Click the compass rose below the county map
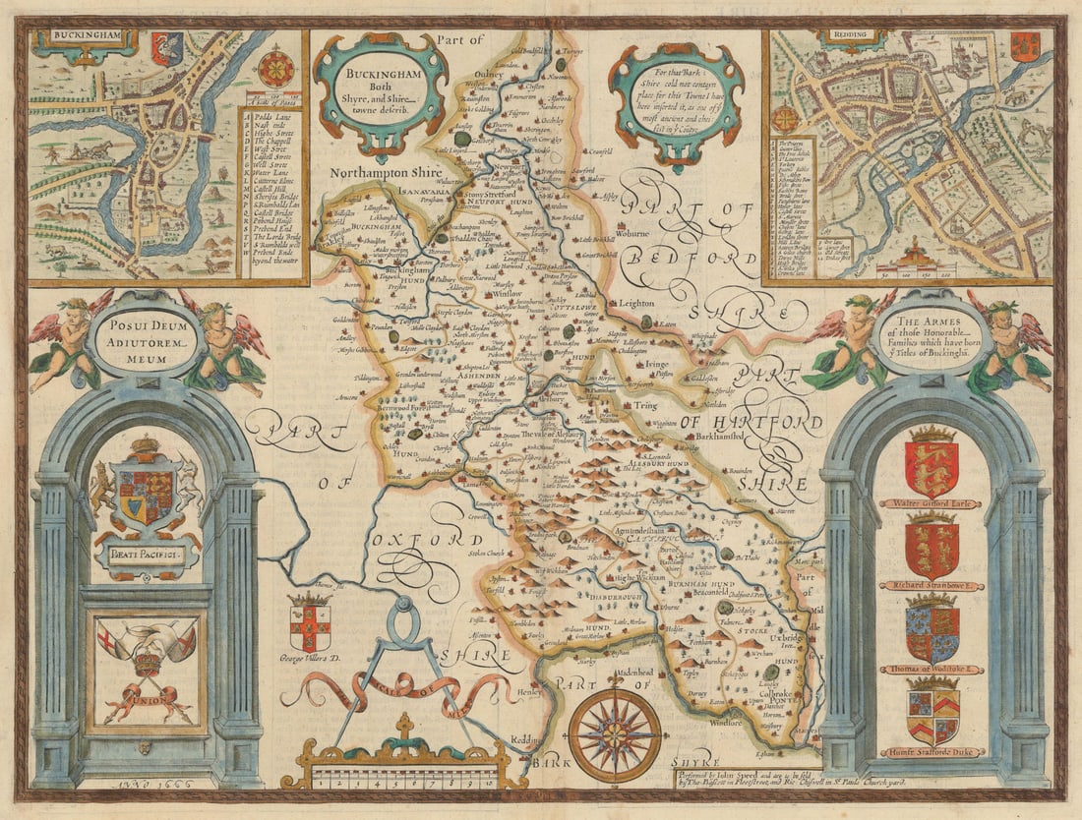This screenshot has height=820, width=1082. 615,733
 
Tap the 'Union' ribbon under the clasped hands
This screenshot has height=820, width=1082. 148,700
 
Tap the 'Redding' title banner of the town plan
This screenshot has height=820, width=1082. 852,36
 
